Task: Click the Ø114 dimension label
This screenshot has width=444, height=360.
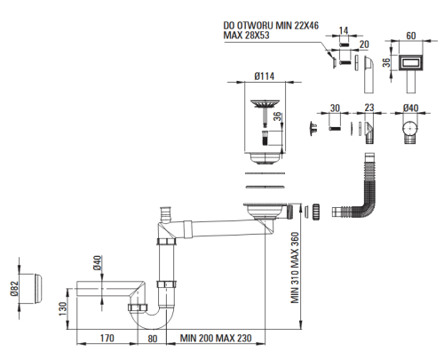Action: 264,76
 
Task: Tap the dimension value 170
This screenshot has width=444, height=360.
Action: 107,338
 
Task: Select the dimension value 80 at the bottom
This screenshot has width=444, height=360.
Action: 152,339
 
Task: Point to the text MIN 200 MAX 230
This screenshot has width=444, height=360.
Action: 216,338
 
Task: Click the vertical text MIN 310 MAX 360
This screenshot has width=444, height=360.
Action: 295,268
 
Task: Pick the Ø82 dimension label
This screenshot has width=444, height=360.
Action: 14,289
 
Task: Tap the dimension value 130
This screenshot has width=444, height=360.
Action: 63,308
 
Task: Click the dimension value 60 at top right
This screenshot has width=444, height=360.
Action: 411,36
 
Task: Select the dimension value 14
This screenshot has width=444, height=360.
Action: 344,31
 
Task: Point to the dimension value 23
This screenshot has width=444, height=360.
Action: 369,108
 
